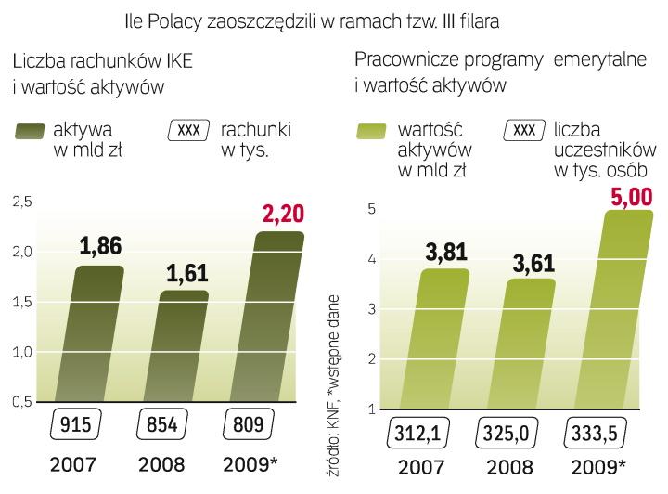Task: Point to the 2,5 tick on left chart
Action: (x=19, y=201)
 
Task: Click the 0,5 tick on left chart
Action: (x=19, y=401)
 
